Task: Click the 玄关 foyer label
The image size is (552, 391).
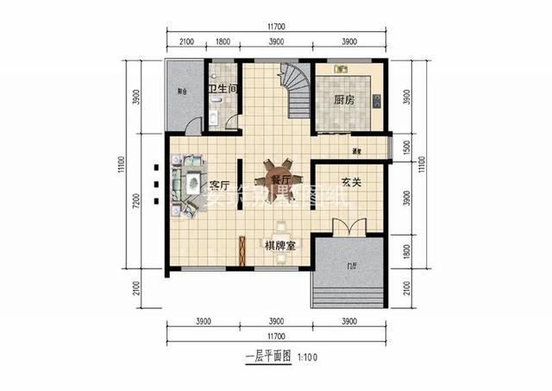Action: pyautogui.click(x=349, y=181)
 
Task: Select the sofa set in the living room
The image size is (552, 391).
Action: pyautogui.click(x=185, y=180)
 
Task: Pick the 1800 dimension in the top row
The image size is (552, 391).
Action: pyautogui.click(x=223, y=41)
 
